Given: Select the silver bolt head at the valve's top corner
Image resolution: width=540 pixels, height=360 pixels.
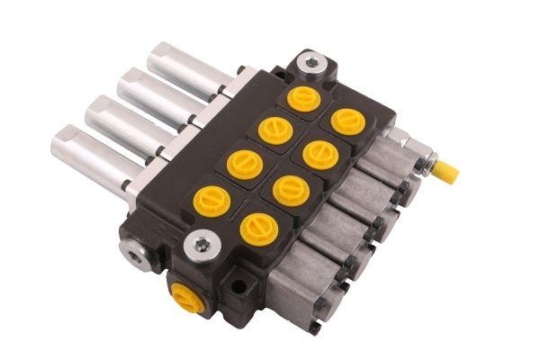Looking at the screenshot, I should (x=311, y=63).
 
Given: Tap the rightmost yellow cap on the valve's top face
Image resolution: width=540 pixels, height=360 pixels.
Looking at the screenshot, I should (x=346, y=121).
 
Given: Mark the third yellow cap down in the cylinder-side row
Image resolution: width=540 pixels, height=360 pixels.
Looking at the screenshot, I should (x=244, y=164).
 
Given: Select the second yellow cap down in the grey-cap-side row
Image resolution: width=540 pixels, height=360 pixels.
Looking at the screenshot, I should (x=319, y=155).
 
